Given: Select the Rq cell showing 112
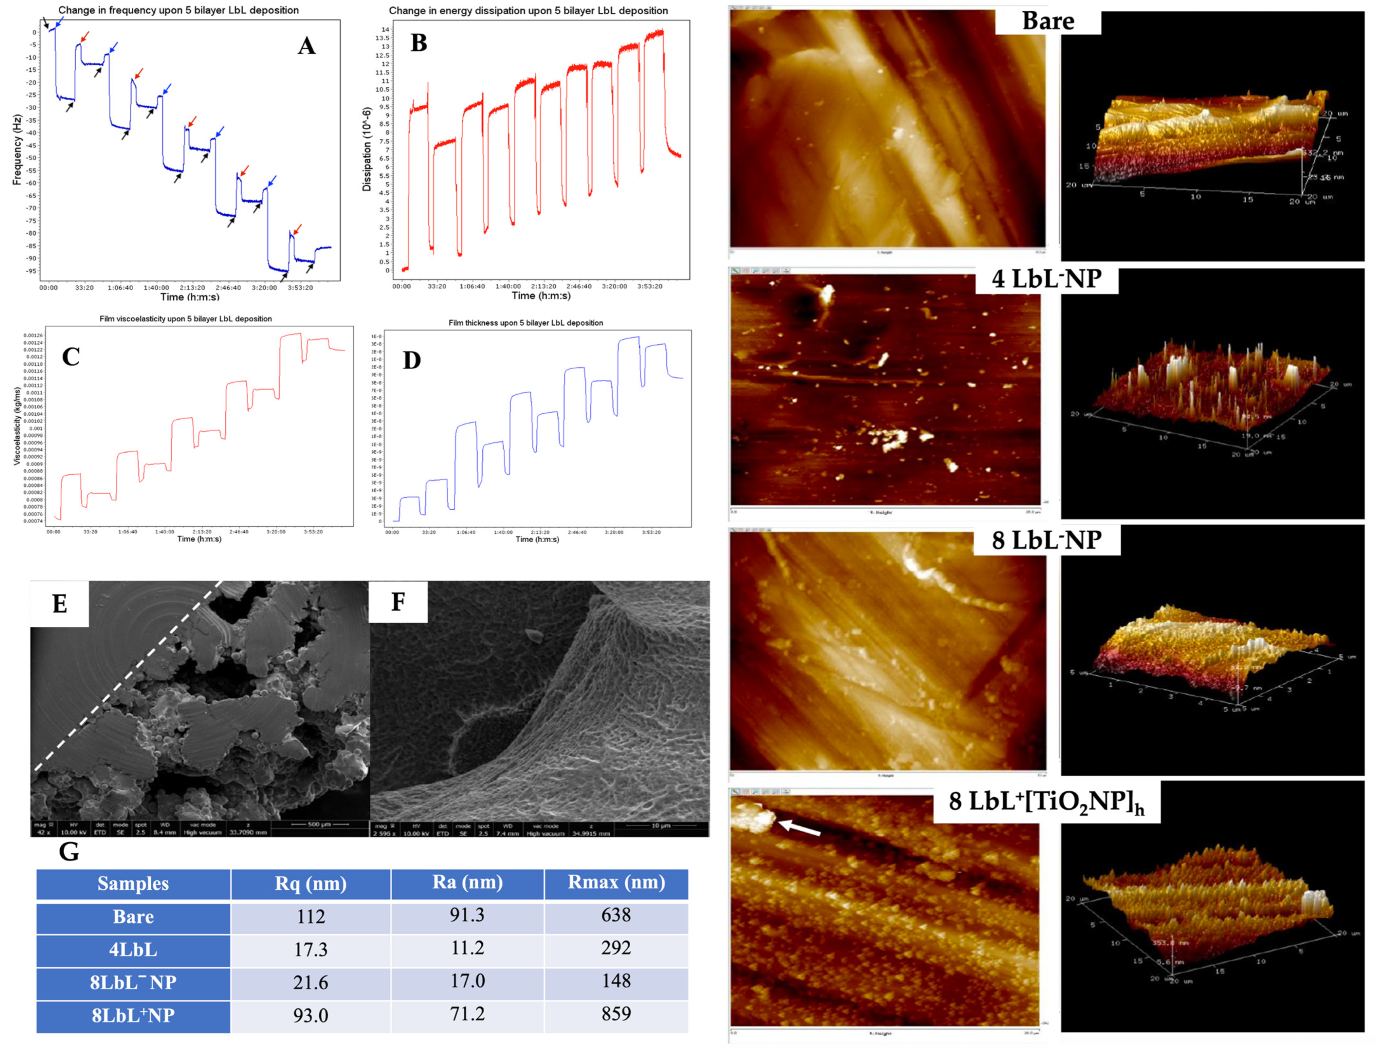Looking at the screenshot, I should (310, 916).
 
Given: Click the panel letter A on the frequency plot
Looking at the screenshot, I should (306, 46).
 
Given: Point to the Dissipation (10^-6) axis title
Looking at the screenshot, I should (367, 149).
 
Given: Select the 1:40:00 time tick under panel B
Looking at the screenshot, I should (508, 286).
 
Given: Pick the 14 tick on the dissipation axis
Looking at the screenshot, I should (386, 29).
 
